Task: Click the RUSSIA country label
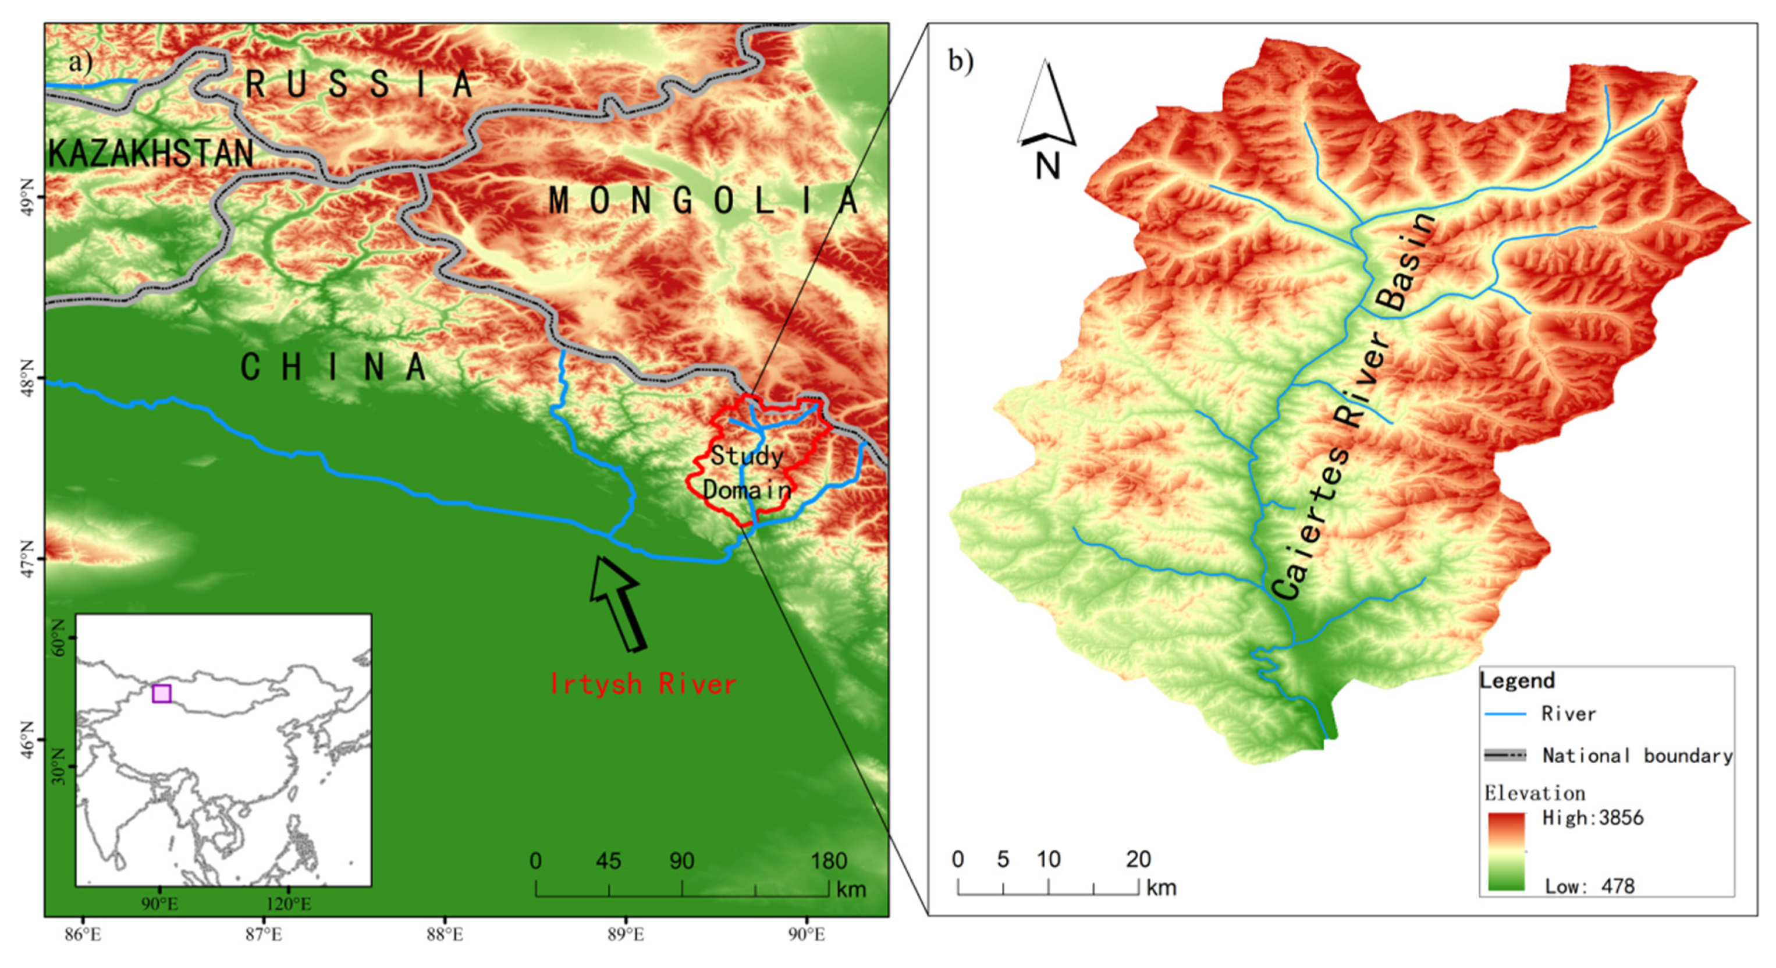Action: [x=358, y=84]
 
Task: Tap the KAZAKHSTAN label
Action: [x=151, y=153]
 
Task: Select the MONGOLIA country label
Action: [x=703, y=201]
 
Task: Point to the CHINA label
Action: [x=333, y=367]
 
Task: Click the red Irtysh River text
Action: [x=642, y=684]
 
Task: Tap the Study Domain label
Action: [x=747, y=473]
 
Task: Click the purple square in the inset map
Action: [x=161, y=694]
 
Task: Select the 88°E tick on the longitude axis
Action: [x=445, y=935]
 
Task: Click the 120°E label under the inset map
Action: [x=288, y=904]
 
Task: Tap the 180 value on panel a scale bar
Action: [x=828, y=861]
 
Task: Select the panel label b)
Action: [x=960, y=62]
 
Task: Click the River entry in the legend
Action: [x=1568, y=714]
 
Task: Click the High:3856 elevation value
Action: [x=1592, y=818]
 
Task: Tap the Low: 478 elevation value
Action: [x=1589, y=886]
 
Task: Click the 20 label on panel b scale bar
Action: [x=1138, y=860]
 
